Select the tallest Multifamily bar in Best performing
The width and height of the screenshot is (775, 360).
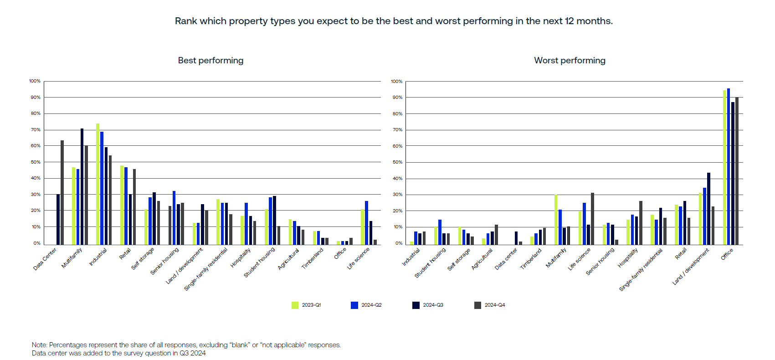tap(82, 187)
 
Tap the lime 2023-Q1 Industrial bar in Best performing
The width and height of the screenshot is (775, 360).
tap(98, 184)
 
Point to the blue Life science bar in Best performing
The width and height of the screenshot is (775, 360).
tap(366, 223)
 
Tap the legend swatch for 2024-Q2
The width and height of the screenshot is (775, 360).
tap(354, 305)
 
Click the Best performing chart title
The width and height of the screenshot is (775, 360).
tap(210, 61)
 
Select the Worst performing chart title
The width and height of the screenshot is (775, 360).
tap(570, 61)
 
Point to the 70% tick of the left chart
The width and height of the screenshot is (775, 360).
tap(36, 130)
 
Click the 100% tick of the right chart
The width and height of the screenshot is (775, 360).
tap(396, 82)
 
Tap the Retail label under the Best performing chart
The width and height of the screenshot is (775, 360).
tap(125, 254)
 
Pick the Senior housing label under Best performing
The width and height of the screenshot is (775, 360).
tap(164, 261)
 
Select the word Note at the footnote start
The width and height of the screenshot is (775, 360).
tap(39, 345)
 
